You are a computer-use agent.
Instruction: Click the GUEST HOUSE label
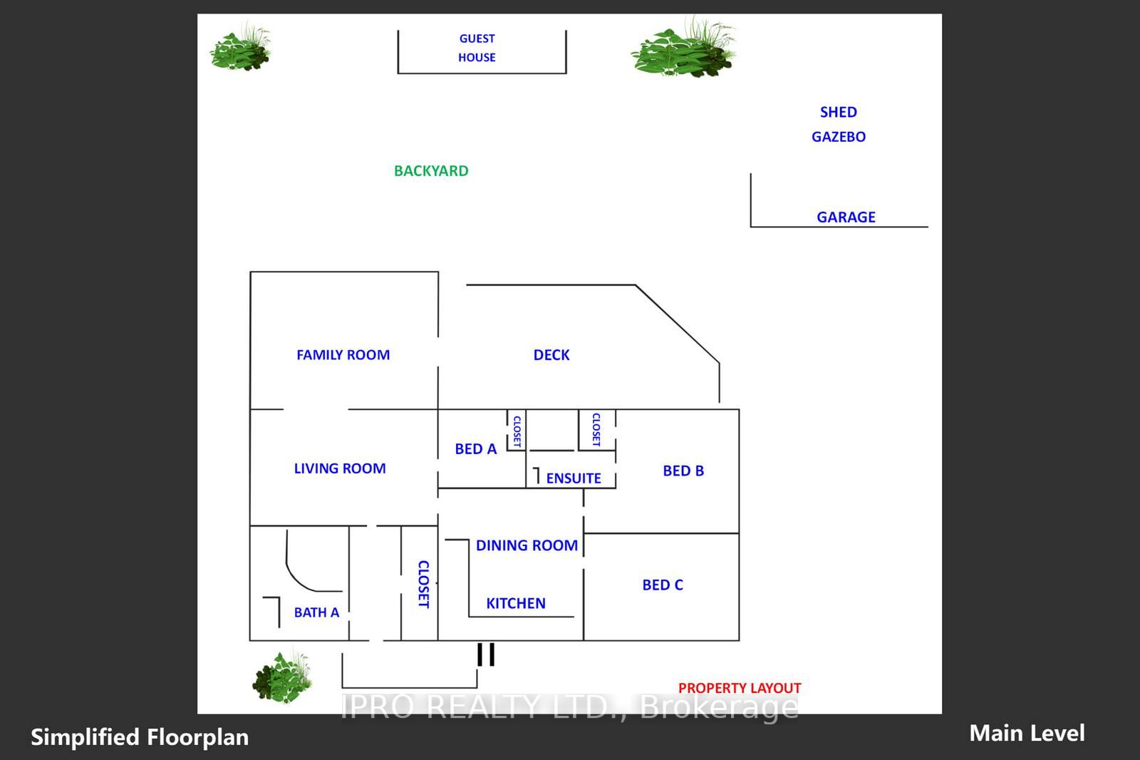[477, 48]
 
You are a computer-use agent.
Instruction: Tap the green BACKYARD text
[431, 170]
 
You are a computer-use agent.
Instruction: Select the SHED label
[838, 112]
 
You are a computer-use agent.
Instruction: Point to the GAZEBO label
[838, 136]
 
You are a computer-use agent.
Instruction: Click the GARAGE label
[846, 217]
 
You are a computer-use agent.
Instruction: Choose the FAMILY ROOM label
[343, 354]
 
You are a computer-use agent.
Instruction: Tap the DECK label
[551, 354]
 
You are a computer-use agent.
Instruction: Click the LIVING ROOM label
[339, 468]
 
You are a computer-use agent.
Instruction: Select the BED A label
[475, 448]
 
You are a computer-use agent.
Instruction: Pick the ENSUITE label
[574, 478]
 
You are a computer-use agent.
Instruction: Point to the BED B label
[683, 471]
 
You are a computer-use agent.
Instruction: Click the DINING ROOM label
[527, 545]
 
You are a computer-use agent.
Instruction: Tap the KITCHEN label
[516, 603]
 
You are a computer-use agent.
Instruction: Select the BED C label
[663, 585]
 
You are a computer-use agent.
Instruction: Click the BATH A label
[316, 612]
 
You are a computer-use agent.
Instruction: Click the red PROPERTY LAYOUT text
[740, 688]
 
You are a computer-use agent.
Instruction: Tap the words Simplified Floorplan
[140, 737]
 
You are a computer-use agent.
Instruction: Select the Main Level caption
[1027, 734]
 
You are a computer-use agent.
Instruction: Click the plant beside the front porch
[282, 677]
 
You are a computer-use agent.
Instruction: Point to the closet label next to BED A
[517, 431]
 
